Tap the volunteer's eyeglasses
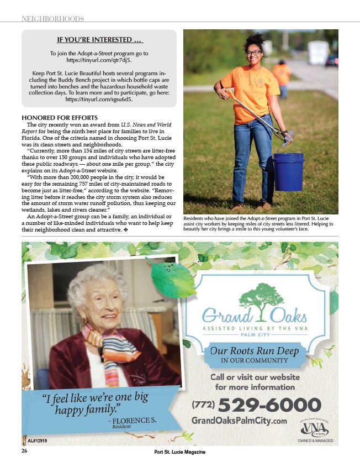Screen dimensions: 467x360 [x=254, y=53]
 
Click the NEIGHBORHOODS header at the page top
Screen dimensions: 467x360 [x=52, y=19]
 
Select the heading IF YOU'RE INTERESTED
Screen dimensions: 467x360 [x=99, y=40]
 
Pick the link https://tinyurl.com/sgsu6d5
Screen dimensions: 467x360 [x=99, y=101]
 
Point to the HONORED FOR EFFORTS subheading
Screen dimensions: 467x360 [x=59, y=118]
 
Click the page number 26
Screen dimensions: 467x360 [x=25, y=451]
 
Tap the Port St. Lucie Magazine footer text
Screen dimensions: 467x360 [x=180, y=453]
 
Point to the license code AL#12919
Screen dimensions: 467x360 [x=38, y=440]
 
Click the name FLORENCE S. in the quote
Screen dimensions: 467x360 [x=133, y=421]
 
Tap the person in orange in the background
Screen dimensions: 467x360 [x=282, y=77]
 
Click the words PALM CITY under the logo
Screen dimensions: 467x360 [x=254, y=335]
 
